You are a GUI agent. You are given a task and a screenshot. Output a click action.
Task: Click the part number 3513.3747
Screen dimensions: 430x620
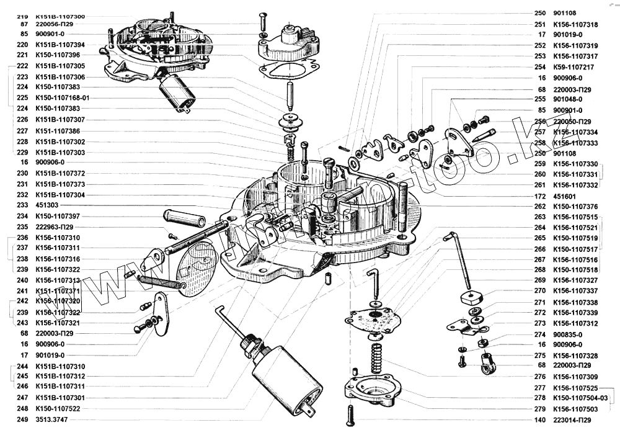point(51,420)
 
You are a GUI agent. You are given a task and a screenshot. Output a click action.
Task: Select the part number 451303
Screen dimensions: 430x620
point(48,205)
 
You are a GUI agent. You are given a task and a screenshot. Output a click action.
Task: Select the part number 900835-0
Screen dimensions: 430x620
point(567,334)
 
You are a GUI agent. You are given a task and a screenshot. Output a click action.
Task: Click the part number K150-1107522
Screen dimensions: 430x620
point(60,409)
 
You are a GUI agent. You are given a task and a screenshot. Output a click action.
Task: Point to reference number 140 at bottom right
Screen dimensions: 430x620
point(539,420)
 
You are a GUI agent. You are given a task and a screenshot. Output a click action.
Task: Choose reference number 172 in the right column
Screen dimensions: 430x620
point(539,195)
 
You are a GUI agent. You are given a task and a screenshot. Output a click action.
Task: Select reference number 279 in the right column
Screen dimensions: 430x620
point(539,409)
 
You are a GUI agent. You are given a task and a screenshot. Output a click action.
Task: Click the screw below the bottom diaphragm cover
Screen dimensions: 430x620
point(351,413)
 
